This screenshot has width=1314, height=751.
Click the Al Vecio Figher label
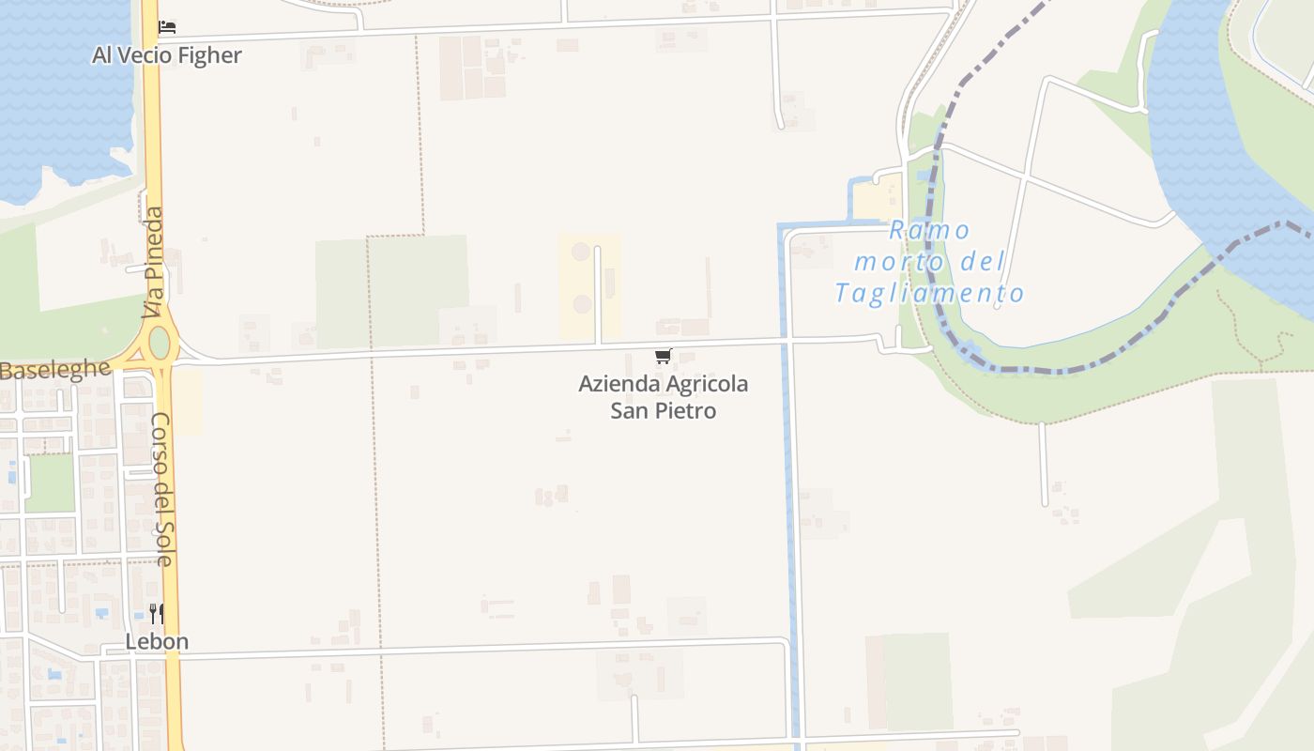coord(166,55)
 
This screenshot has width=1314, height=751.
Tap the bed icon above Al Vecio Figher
coord(167,26)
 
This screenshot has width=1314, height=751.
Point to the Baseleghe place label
coord(54,370)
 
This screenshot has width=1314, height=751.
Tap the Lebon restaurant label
coord(157,642)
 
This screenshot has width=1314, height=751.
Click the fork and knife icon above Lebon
coord(157,614)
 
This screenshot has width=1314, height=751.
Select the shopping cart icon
coord(664,356)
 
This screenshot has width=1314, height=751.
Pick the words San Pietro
coord(664,410)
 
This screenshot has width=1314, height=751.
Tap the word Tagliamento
coord(929,293)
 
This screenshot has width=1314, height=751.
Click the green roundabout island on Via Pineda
coord(160,343)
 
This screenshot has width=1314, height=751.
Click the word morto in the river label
coord(899,262)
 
